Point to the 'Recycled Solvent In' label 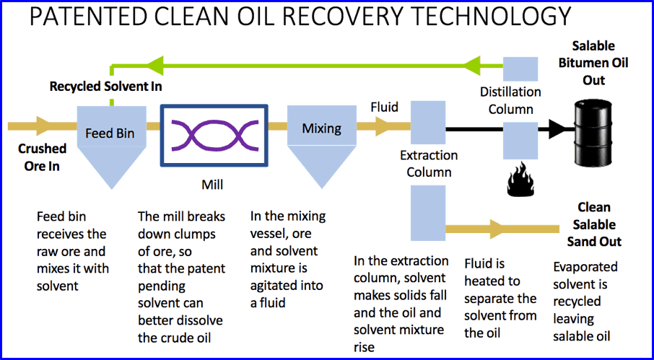click(x=105, y=87)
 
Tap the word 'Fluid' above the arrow click(x=384, y=107)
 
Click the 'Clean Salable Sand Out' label click(x=594, y=224)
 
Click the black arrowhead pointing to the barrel click(x=556, y=130)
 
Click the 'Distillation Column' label click(x=510, y=100)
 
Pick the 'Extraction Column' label click(x=429, y=164)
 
